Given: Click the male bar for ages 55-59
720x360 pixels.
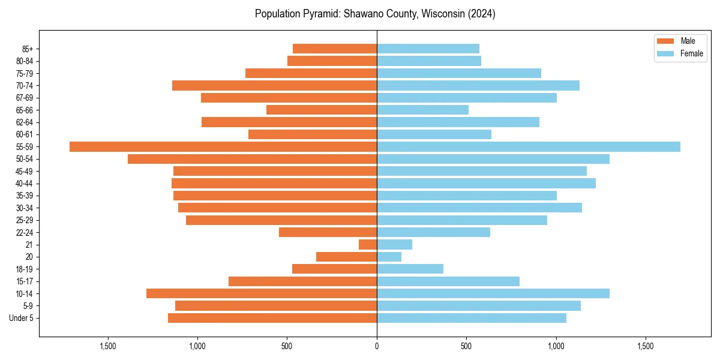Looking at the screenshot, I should (223, 146).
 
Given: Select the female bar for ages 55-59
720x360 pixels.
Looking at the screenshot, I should (529, 146).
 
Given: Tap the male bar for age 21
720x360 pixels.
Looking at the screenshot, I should (368, 244).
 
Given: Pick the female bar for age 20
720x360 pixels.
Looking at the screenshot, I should (389, 257).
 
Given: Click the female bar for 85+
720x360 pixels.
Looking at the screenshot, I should (428, 49).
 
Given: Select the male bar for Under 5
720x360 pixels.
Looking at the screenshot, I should (272, 318).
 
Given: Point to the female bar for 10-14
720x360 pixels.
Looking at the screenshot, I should (493, 293).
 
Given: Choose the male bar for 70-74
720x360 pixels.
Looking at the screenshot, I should (274, 85).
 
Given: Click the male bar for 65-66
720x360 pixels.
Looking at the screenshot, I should (322, 110).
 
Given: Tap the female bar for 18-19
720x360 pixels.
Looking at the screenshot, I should (410, 269).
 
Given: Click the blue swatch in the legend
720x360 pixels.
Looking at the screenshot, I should (665, 53).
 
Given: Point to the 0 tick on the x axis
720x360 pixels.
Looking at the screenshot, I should (377, 346).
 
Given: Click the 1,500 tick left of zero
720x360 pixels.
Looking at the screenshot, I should (108, 346).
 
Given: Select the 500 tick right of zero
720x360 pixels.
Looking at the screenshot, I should (466, 346).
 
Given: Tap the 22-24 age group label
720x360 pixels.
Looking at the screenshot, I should (25, 232).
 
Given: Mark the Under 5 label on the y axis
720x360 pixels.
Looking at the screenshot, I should (21, 318).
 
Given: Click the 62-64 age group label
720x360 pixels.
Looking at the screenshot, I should (25, 122).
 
